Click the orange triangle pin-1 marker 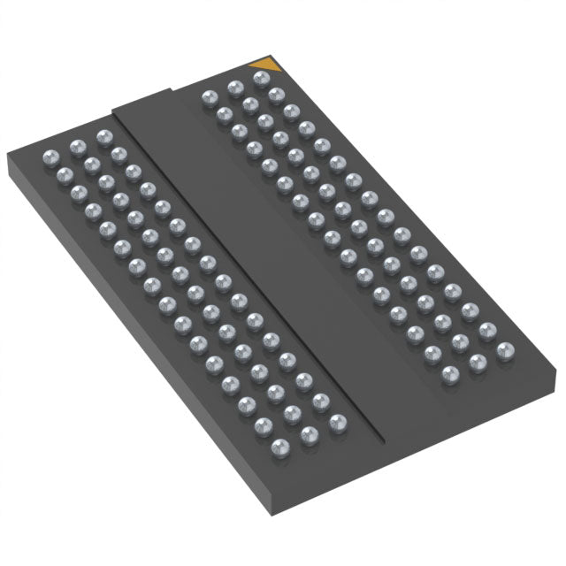click(264, 65)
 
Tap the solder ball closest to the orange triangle click(261, 79)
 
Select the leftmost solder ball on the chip click(50, 157)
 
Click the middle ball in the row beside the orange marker click(235, 87)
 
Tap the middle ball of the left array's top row click(77, 146)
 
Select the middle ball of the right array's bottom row click(478, 361)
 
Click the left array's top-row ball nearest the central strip click(104, 136)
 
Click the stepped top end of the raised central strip click(141, 99)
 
